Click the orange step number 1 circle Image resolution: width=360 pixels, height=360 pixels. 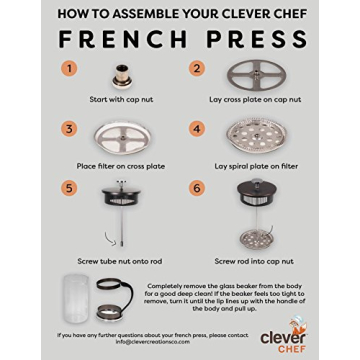[69, 69]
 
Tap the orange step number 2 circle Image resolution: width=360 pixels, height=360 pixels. [198, 69]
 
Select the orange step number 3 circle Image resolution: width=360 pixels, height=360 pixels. [69, 129]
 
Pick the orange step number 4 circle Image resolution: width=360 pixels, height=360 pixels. [198, 129]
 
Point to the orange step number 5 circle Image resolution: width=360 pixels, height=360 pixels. [69, 188]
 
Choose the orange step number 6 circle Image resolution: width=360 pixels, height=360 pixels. [198, 188]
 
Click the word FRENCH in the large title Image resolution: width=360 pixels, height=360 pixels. [119, 41]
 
